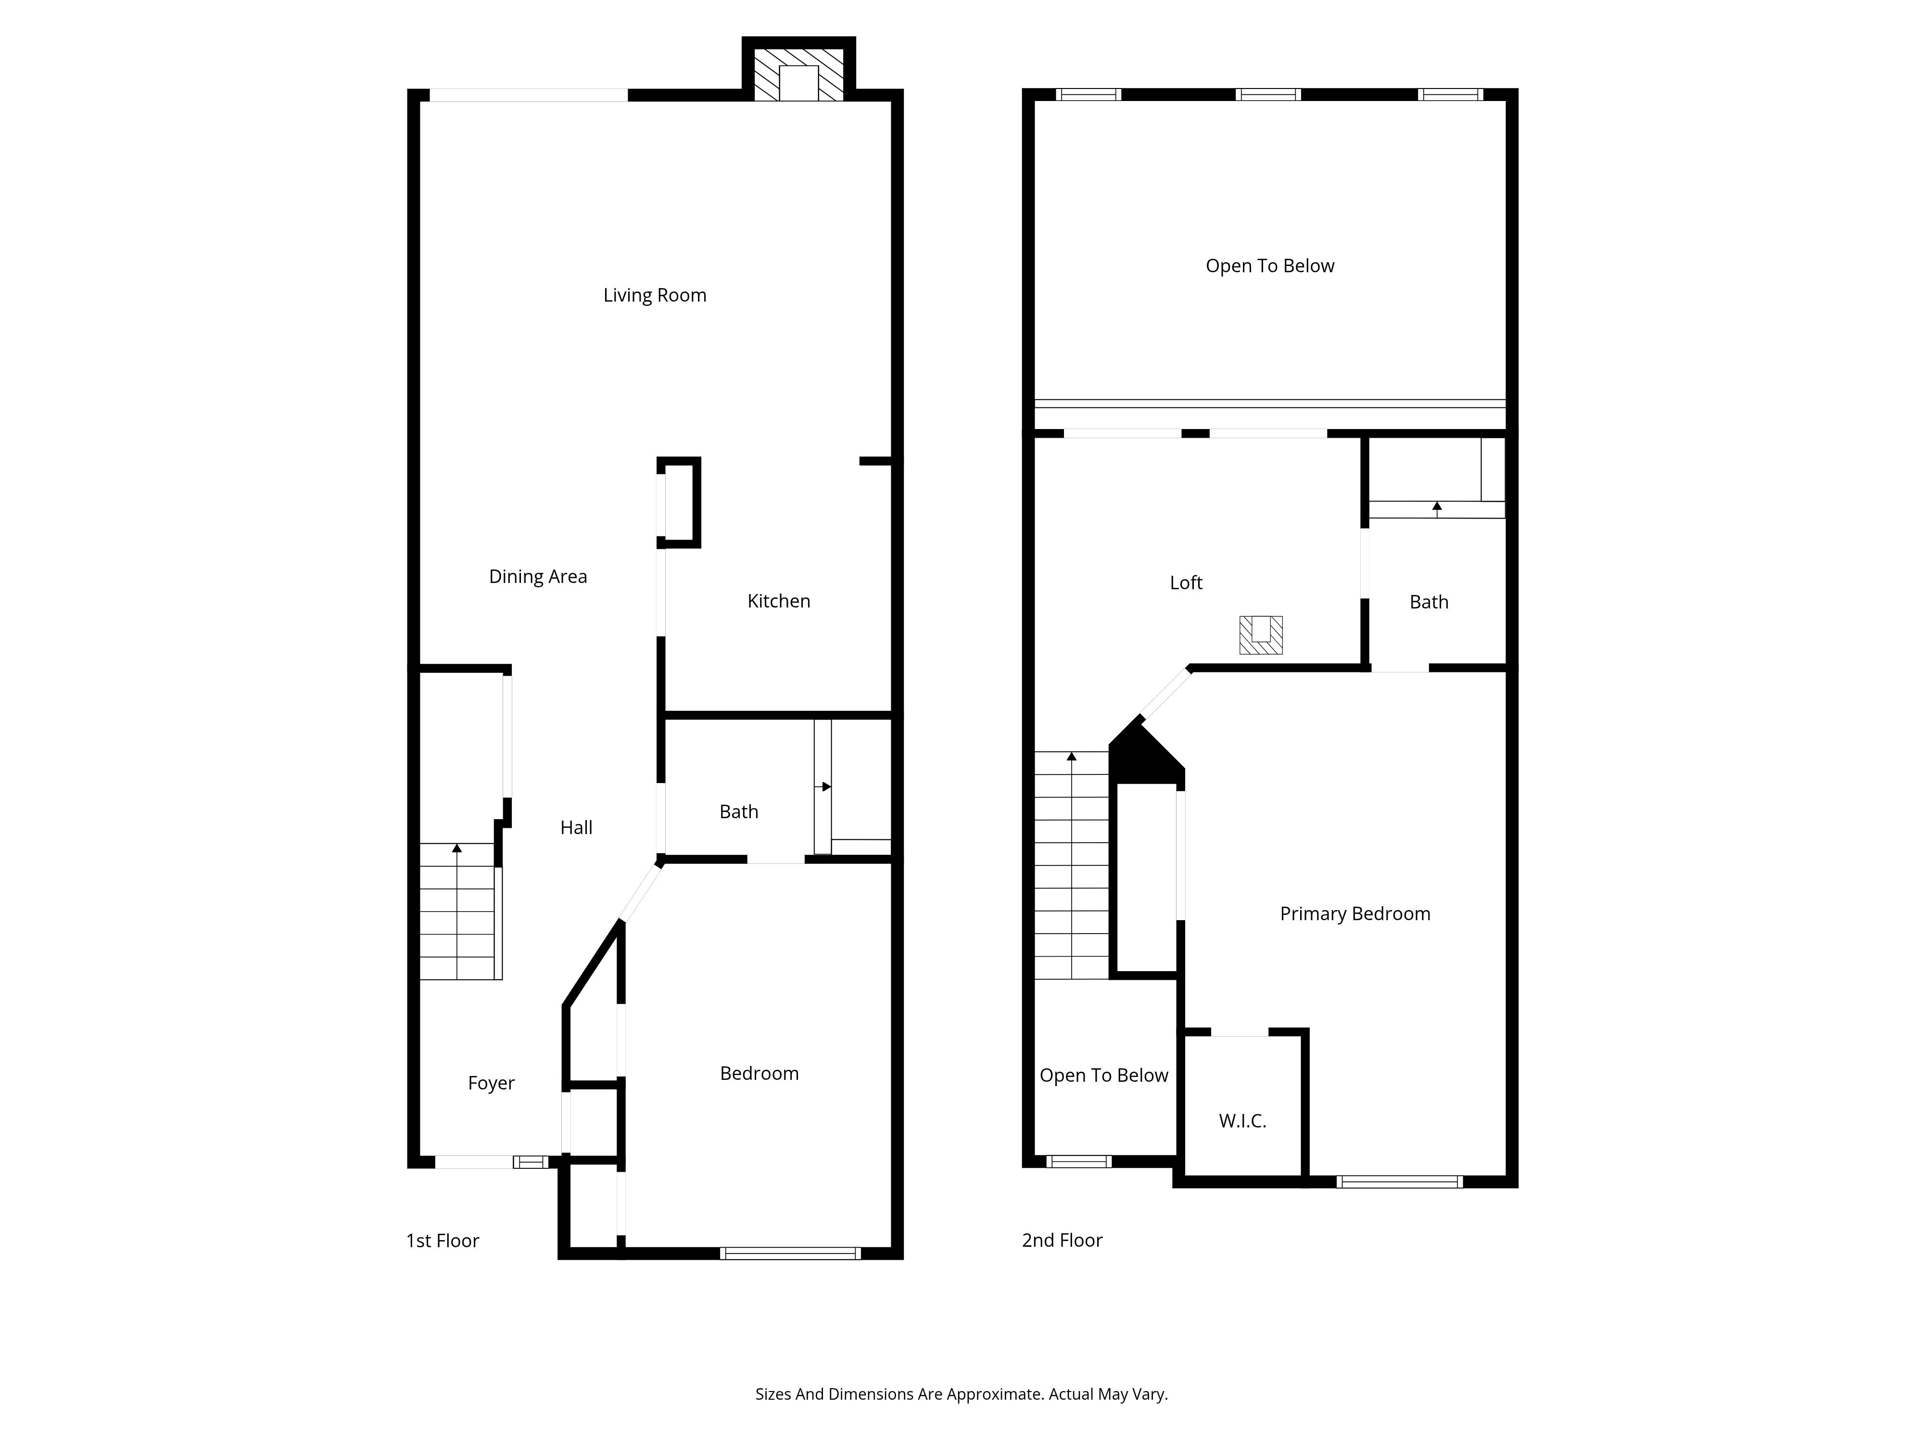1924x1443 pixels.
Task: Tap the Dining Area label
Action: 538,577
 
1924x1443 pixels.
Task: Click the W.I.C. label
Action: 1242,1121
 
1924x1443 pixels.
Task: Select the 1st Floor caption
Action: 442,1241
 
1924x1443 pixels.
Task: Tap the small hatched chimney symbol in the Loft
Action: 1260,635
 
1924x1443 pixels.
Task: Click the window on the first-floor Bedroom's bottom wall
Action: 790,1253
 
